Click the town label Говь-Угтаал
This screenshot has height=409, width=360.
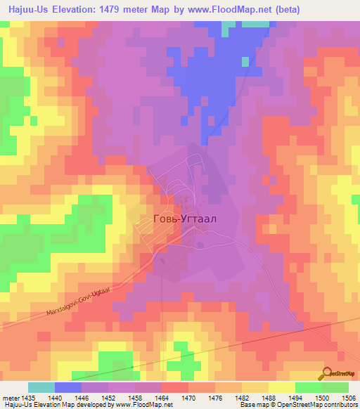[x=185, y=218]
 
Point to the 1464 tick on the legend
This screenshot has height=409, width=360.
[x=162, y=397]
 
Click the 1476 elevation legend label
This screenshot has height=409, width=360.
[x=215, y=397]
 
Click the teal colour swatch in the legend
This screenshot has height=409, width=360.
[x=41, y=387]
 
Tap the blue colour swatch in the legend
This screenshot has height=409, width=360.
[x=68, y=387]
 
